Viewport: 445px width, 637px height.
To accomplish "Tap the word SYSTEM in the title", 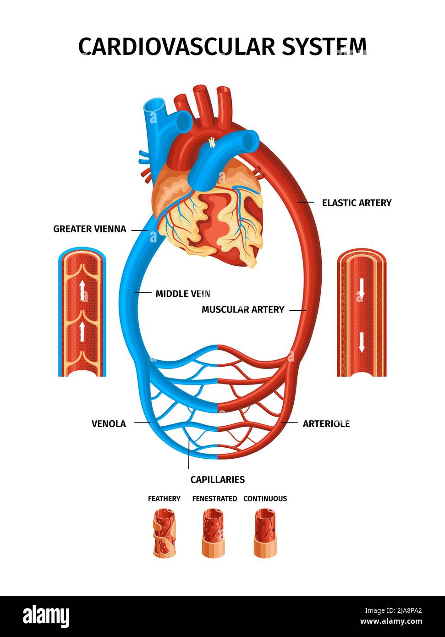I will click(x=324, y=46).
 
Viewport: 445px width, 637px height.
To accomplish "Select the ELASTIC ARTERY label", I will click(x=357, y=203).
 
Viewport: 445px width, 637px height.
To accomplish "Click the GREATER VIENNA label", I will click(x=89, y=229).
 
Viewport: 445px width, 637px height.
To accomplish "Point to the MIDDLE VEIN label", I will click(x=183, y=294).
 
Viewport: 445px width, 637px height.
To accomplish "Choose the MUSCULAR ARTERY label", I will click(x=243, y=309).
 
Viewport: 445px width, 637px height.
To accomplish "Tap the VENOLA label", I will click(x=109, y=423).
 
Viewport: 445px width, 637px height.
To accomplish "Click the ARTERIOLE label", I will click(x=326, y=423).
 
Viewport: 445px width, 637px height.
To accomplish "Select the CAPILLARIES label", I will click(x=217, y=479).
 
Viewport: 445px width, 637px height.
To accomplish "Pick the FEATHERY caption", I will click(x=164, y=499).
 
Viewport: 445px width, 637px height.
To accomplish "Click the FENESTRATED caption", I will click(x=214, y=499).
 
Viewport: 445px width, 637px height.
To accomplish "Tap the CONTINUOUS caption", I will click(x=265, y=499).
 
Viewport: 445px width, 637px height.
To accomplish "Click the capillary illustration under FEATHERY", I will click(x=165, y=534).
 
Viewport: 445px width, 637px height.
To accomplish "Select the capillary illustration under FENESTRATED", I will click(x=214, y=533).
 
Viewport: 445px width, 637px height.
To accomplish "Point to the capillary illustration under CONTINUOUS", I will click(x=265, y=533).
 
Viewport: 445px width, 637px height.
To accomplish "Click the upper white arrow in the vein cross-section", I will click(x=82, y=291).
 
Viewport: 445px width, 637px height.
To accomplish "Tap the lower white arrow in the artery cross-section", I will click(x=362, y=341).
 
